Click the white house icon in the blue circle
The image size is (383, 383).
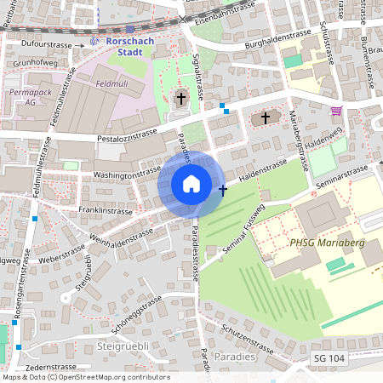pos(191,183)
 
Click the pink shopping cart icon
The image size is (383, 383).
pos(337,111)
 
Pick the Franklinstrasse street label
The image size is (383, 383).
pos(105,210)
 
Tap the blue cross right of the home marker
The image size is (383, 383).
pos(223,190)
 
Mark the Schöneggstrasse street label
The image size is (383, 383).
pos(136,314)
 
